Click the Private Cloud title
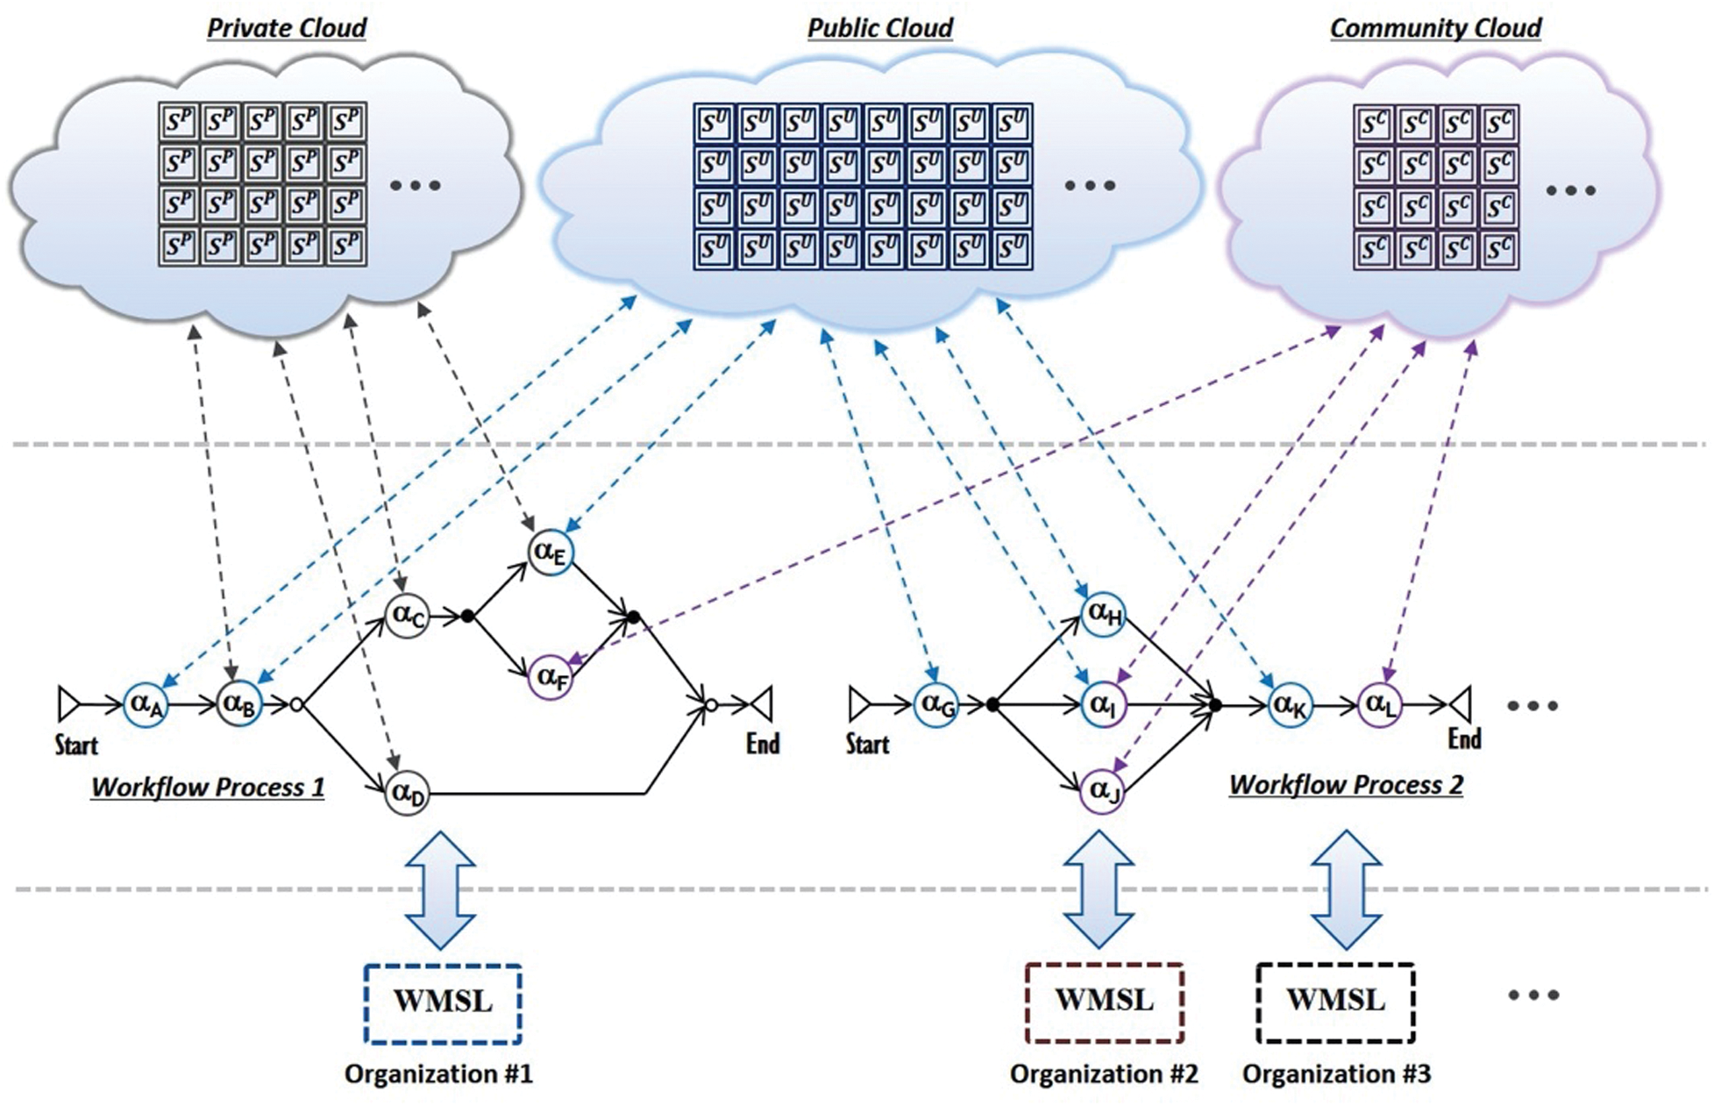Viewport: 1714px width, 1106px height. (x=286, y=28)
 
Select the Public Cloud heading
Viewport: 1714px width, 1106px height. (x=879, y=28)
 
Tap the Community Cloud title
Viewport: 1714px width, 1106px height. (x=1435, y=28)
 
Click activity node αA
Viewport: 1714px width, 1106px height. (x=146, y=703)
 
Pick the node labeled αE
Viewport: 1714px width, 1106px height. (x=551, y=552)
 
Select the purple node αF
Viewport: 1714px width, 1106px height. (x=551, y=676)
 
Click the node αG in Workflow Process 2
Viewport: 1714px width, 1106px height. (x=936, y=704)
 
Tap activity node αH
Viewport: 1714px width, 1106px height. (x=1103, y=613)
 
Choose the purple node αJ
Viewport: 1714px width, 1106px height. (x=1103, y=791)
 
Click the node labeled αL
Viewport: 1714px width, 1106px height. (x=1380, y=704)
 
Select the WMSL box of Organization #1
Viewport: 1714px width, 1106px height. (x=443, y=1003)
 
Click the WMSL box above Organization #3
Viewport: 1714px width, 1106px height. (x=1335, y=1003)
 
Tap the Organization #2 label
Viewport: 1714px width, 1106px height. (x=1103, y=1074)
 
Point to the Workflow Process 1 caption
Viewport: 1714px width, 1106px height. (x=208, y=787)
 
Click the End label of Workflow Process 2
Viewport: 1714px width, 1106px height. (x=1464, y=739)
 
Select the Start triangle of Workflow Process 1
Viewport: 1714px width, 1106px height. (x=68, y=703)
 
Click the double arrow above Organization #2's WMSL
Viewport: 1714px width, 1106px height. (x=1099, y=889)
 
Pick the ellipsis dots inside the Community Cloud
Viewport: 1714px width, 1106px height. (x=1570, y=190)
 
